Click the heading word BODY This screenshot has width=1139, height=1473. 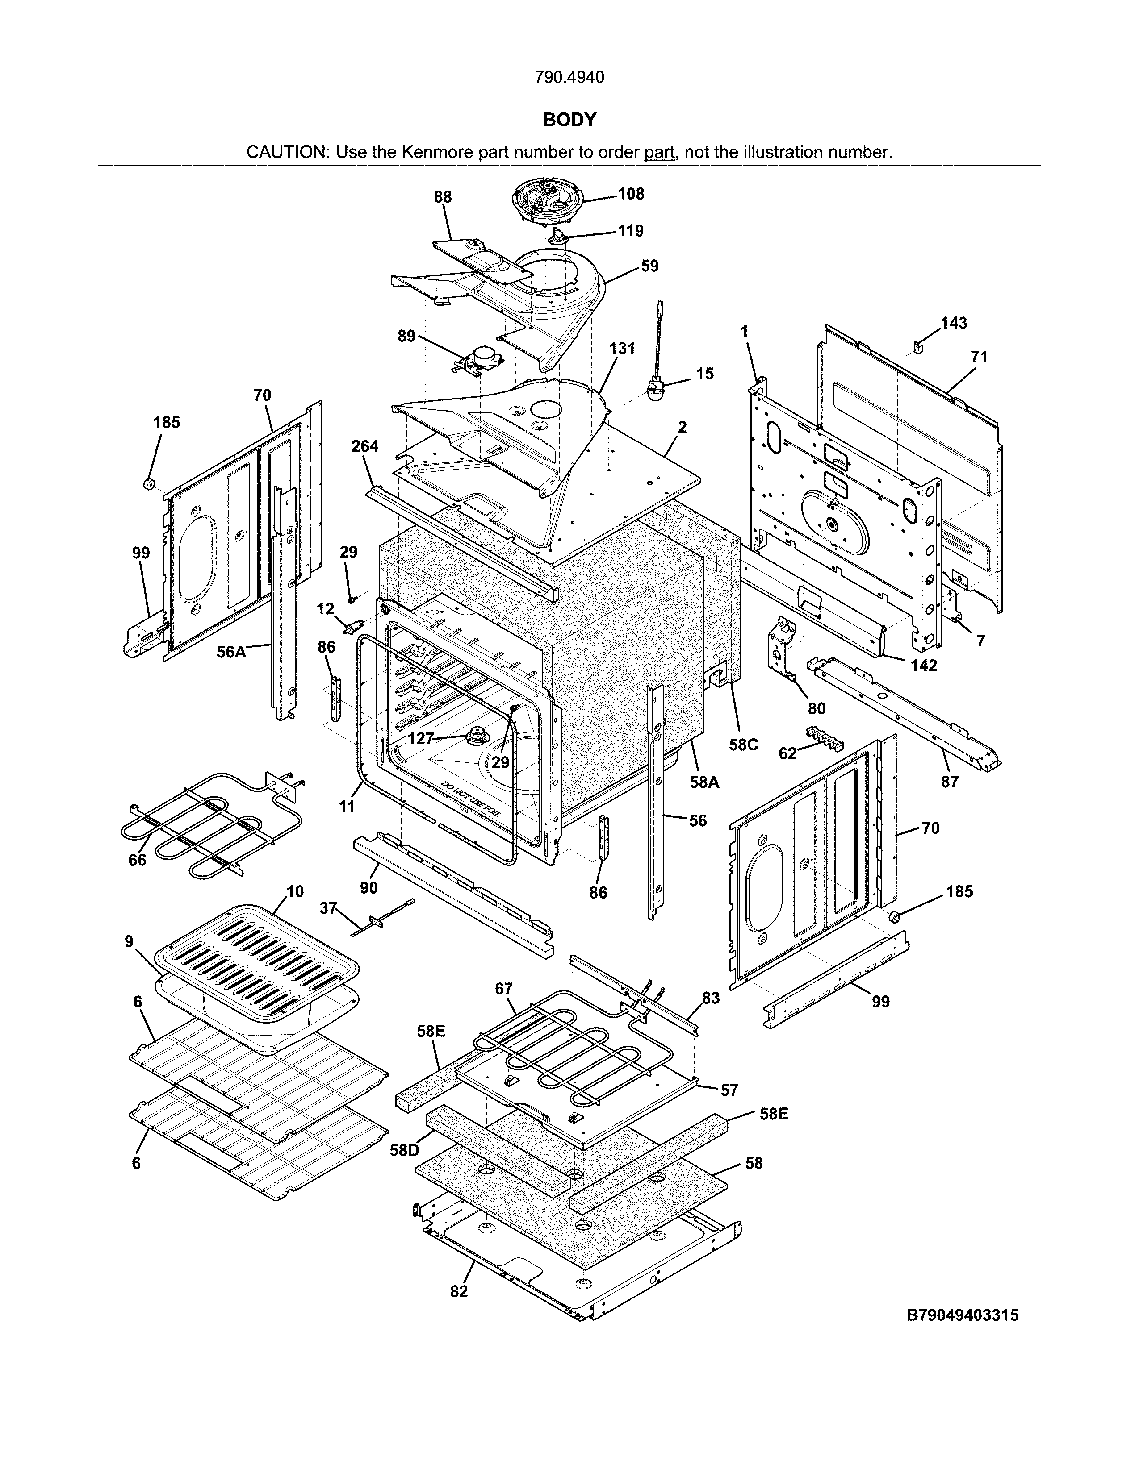[569, 120]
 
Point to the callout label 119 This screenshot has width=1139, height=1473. [631, 231]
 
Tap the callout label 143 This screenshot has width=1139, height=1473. [954, 323]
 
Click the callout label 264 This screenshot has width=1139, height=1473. [365, 446]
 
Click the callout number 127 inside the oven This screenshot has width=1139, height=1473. [420, 739]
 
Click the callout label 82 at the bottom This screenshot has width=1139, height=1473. [459, 1291]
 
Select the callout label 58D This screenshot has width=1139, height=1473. [405, 1150]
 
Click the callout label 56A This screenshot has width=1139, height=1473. [231, 652]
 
